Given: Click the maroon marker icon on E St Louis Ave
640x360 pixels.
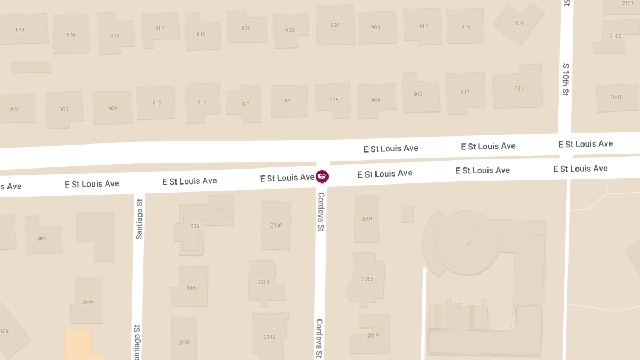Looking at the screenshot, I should (322, 176).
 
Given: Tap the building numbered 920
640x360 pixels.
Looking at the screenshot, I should (518, 22).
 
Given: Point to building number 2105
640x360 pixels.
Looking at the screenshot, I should (615, 36).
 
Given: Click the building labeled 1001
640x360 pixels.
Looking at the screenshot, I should (616, 97).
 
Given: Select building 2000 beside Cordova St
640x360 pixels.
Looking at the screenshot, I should (276, 226).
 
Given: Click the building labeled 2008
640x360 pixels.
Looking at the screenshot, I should (269, 337).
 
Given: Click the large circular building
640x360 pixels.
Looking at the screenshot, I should (468, 243).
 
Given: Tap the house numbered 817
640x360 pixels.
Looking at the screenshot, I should (202, 102).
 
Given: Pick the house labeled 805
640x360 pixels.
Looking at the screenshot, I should (63, 109).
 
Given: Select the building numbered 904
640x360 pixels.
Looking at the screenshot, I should (335, 25).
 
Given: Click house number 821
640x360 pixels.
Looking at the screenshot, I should (245, 104).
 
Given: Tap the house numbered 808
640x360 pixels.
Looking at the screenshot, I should (115, 36).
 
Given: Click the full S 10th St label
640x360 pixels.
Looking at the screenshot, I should (566, 80).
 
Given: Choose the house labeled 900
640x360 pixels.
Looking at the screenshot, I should (290, 30).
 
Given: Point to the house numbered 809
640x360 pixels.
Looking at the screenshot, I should (112, 108).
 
